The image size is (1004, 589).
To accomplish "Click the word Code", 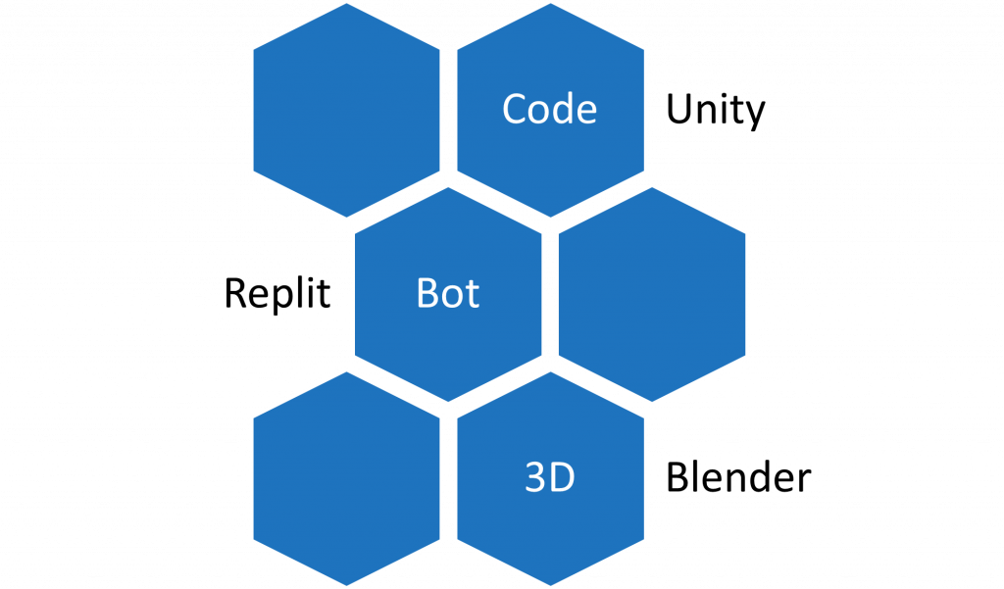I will (549, 109).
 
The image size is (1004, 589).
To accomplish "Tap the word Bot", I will (448, 293).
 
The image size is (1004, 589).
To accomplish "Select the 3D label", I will (550, 478).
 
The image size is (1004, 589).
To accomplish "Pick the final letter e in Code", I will (585, 112).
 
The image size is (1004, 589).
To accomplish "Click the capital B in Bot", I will (427, 293).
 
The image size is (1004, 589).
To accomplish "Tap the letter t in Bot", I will (473, 294).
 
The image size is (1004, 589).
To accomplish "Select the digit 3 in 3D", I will (535, 478).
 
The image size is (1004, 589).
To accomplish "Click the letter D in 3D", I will (562, 478).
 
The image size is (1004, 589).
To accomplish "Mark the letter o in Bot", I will (452, 296).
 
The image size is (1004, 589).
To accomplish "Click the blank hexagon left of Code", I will (346, 110).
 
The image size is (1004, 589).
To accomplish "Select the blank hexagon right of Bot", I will (652, 294).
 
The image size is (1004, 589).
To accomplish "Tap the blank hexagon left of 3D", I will (346, 478).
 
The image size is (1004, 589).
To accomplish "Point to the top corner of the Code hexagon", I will (550, 2).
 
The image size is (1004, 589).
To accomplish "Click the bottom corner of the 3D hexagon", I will (550, 587).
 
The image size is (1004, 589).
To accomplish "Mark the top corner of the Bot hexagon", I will (448, 186).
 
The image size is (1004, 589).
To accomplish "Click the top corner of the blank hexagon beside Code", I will (346, 2).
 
